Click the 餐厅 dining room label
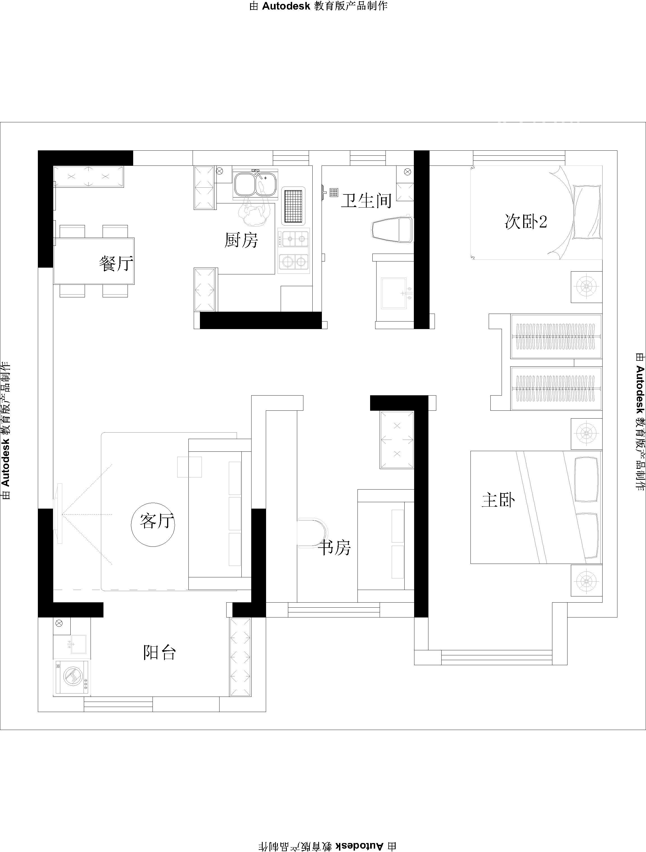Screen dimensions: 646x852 [x=116, y=264]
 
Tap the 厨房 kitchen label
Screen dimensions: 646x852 [x=241, y=240]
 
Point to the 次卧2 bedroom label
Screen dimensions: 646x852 [x=525, y=222]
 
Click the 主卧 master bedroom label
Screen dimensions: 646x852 [x=498, y=500]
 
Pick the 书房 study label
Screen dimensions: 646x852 [x=334, y=547]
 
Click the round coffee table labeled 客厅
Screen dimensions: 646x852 [x=153, y=525]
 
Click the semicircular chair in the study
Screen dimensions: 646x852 [x=312, y=532]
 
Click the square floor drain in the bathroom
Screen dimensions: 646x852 [x=334, y=192]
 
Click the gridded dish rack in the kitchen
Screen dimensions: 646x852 [x=293, y=206]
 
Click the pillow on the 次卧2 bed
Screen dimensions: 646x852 [x=587, y=212]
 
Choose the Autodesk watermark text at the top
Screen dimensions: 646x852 [x=319, y=6]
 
